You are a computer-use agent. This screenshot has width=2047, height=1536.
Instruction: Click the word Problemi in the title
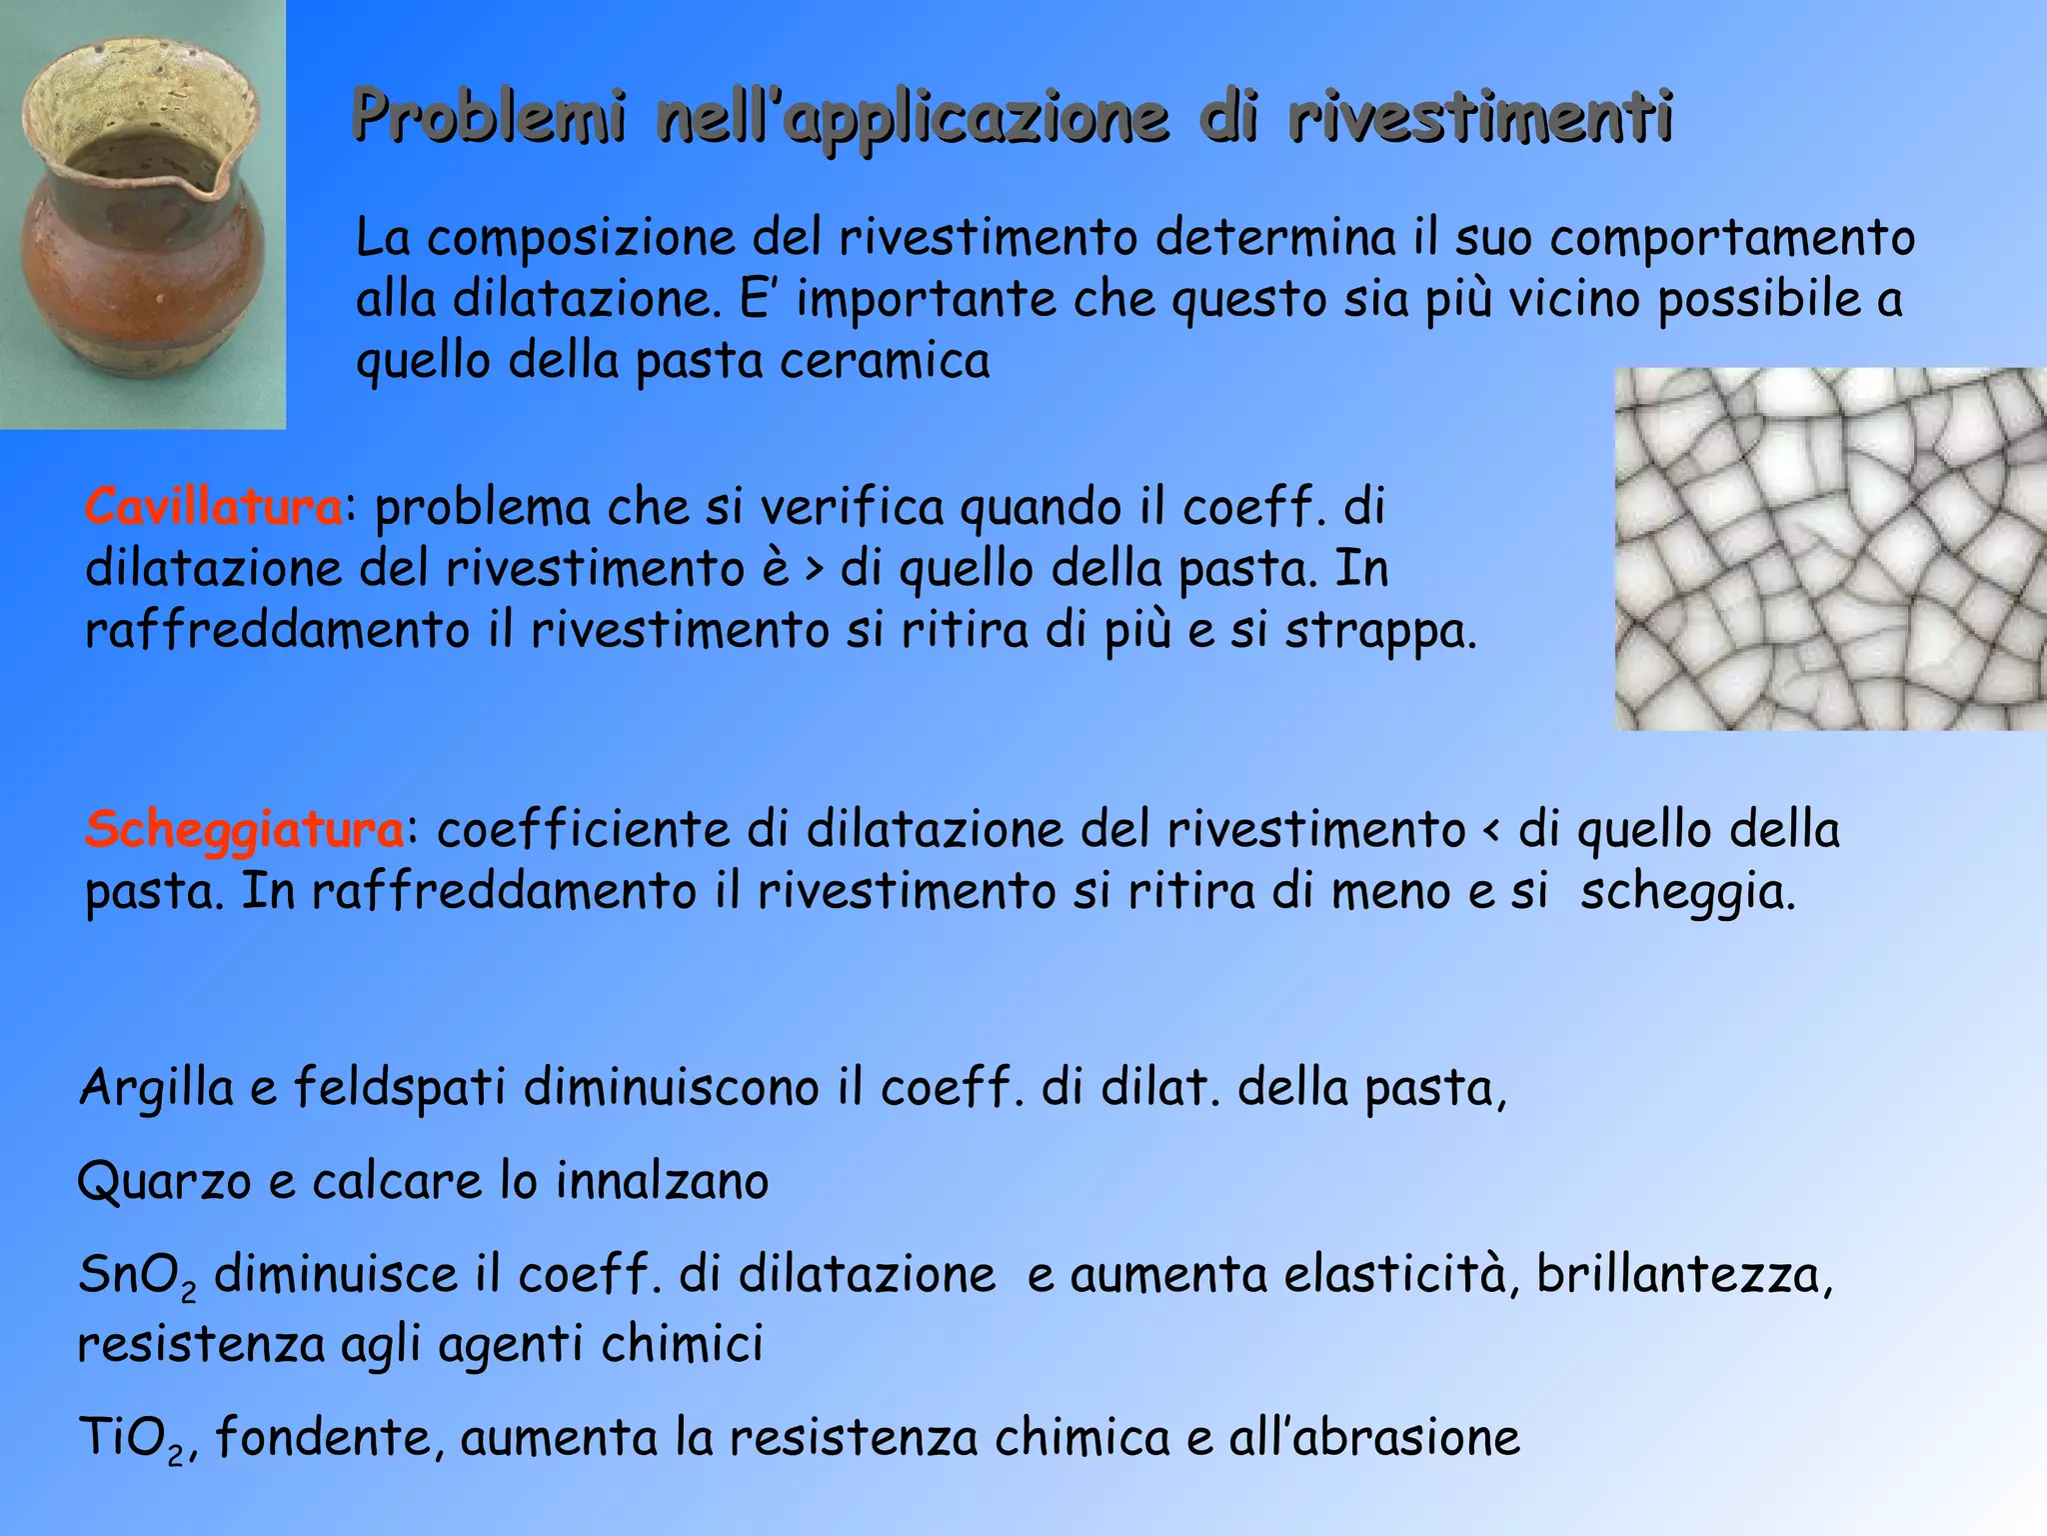(x=490, y=118)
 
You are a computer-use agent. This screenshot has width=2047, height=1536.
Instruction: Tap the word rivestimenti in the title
(x=1480, y=118)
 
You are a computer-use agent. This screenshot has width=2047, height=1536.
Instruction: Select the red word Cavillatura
(x=214, y=507)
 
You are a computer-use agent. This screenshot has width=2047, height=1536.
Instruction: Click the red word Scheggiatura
(x=245, y=829)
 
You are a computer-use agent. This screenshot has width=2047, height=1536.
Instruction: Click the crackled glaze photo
(x=1829, y=548)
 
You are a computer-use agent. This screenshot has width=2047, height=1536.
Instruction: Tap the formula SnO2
(x=137, y=1276)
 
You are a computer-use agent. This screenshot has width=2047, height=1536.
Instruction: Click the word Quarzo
(x=163, y=1182)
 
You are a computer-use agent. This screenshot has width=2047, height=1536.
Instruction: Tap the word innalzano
(x=662, y=1180)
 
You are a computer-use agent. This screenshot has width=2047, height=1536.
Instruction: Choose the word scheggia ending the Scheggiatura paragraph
(x=1686, y=892)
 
